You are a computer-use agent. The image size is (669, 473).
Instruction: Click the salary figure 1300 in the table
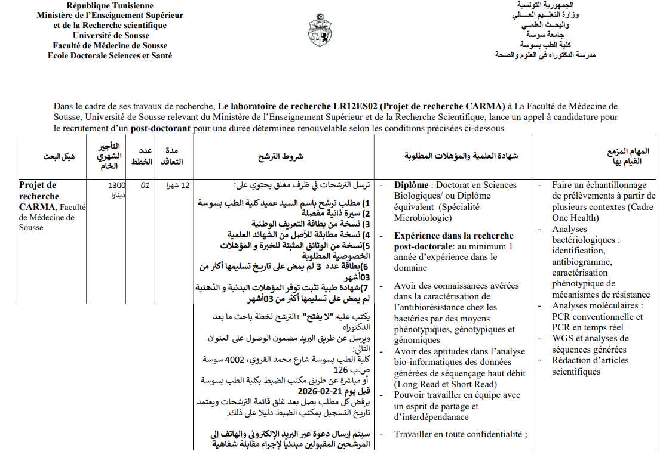pyautogui.click(x=117, y=185)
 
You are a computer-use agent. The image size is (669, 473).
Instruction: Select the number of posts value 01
pyautogui.click(x=145, y=186)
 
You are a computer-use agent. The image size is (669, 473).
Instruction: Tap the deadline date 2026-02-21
pyautogui.click(x=321, y=391)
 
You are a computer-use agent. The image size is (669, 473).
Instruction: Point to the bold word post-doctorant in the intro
pyautogui.click(x=161, y=128)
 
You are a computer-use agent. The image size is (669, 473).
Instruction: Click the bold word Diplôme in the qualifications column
pyautogui.click(x=412, y=185)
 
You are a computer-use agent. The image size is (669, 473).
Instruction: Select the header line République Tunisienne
pyautogui.click(x=109, y=5)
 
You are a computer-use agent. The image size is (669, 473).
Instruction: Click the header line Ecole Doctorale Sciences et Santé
pyautogui.click(x=110, y=55)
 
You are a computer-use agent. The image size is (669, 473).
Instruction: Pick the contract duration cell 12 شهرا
pyautogui.click(x=177, y=185)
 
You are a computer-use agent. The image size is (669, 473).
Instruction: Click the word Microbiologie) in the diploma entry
pyautogui.click(x=422, y=218)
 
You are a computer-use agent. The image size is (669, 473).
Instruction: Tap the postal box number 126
pyautogui.click(x=340, y=370)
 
